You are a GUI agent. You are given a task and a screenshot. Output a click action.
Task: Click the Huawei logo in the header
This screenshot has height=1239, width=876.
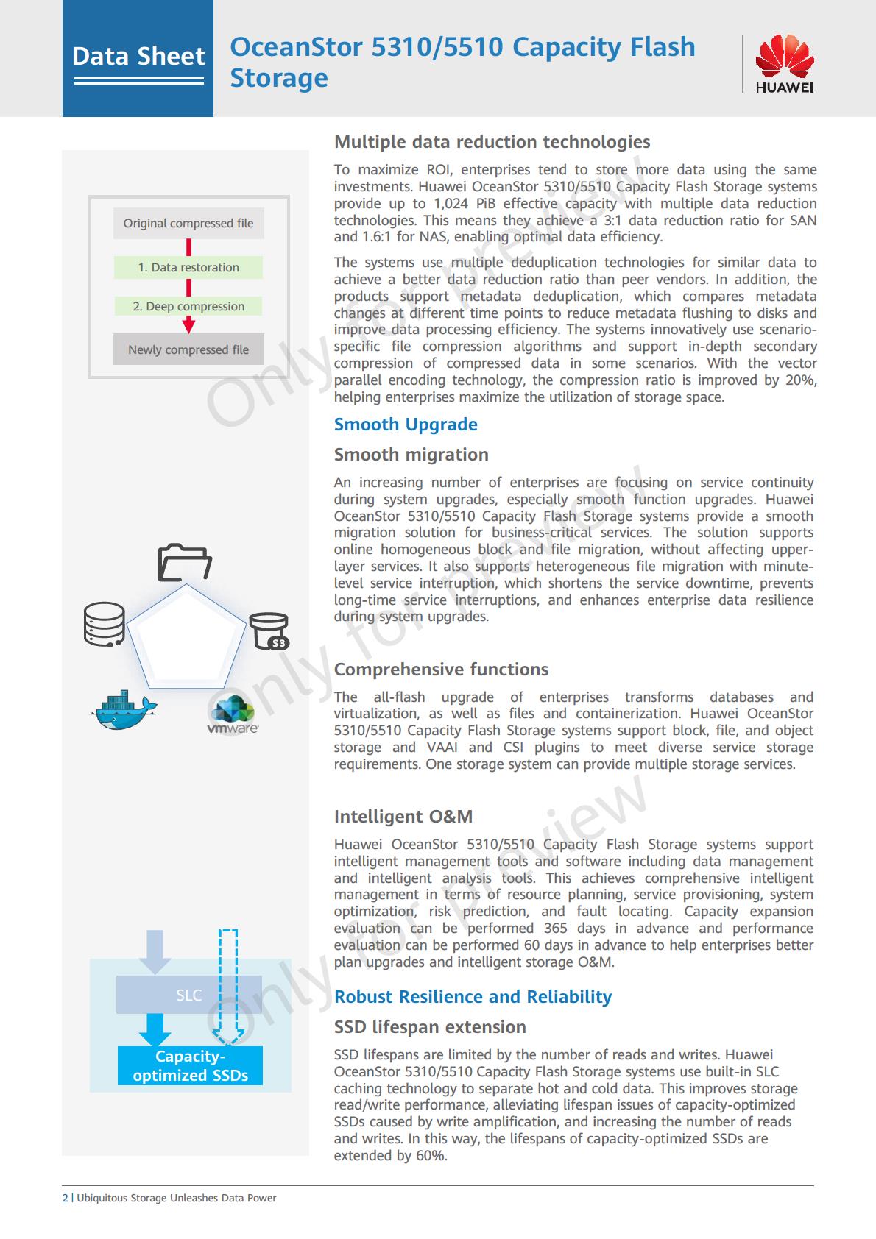(784, 65)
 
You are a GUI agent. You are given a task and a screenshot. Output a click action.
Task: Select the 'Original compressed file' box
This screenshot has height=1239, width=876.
(188, 224)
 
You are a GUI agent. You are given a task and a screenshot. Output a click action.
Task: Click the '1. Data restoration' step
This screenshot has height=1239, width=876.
(188, 268)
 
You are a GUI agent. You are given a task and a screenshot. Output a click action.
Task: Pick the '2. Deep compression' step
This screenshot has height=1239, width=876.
(188, 307)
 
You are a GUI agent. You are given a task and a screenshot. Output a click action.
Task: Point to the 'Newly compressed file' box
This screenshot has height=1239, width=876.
(188, 350)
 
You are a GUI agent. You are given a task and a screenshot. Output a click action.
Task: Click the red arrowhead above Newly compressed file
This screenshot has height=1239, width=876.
(188, 326)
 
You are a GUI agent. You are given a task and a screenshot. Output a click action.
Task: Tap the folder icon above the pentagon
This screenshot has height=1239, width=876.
(185, 563)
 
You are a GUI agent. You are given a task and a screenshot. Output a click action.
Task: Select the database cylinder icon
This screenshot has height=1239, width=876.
(104, 624)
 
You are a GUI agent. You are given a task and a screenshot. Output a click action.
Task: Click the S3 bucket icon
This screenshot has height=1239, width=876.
(269, 631)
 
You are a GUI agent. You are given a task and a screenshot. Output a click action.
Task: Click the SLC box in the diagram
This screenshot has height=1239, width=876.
(189, 995)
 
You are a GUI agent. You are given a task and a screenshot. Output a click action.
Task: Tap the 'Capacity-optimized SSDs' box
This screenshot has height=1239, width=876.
(191, 1066)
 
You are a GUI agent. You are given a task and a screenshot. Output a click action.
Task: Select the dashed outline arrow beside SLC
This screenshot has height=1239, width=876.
(229, 986)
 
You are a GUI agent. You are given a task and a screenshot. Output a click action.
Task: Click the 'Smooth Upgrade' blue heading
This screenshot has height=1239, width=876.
(406, 425)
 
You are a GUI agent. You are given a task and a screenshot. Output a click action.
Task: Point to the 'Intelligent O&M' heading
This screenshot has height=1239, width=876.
(403, 817)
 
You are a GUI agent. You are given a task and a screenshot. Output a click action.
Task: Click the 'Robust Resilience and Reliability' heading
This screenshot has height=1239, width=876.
(473, 997)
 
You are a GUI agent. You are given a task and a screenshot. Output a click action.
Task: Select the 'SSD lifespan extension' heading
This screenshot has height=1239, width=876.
(430, 1027)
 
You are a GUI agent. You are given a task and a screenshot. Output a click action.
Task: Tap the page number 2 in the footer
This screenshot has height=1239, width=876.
(65, 1198)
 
